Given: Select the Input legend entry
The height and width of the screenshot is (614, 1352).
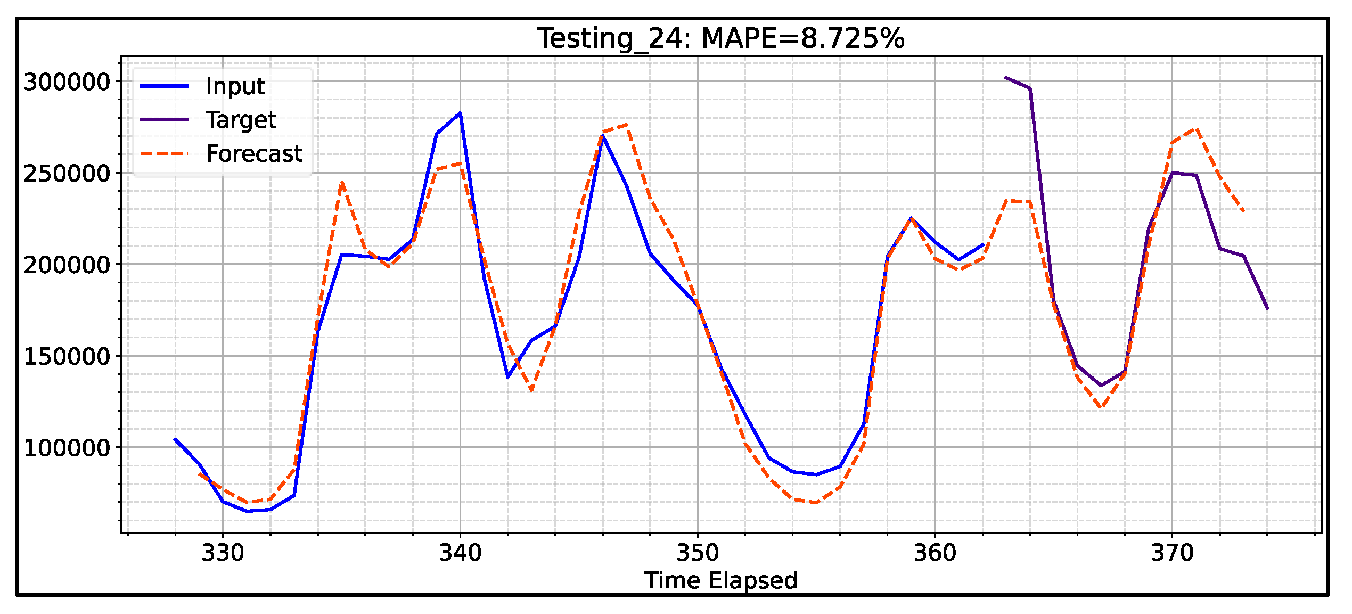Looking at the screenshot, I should click(235, 86).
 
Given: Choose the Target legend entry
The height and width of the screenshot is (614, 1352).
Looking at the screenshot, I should click(241, 120).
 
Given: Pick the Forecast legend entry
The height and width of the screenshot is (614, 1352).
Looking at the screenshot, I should click(254, 154).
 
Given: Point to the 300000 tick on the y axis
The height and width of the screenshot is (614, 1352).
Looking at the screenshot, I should click(67, 82).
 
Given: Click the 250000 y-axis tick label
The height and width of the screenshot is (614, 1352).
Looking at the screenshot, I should click(67, 174).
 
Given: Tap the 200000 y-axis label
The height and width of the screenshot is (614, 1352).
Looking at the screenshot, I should click(67, 265).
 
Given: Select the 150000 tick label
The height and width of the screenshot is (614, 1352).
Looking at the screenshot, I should click(67, 357).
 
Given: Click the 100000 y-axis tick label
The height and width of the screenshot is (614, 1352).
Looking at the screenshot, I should click(67, 448).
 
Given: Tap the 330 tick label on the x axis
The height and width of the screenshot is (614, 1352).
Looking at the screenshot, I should click(223, 553).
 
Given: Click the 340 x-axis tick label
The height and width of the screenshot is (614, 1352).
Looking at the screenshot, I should click(460, 553).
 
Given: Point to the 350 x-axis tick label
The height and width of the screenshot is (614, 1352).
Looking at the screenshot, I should click(698, 553).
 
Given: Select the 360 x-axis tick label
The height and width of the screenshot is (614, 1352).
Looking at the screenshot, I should click(935, 553).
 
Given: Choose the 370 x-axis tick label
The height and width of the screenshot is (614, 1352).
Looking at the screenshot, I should click(1172, 553).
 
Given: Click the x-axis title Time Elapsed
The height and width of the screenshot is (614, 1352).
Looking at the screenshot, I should click(721, 580).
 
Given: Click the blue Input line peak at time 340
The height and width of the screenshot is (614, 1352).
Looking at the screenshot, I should click(460, 113).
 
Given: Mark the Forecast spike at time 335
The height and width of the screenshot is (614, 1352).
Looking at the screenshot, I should click(342, 182).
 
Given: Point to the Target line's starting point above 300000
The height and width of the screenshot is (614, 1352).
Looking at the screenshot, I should click(1006, 78).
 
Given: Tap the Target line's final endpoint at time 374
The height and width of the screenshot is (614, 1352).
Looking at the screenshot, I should click(1267, 309).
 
